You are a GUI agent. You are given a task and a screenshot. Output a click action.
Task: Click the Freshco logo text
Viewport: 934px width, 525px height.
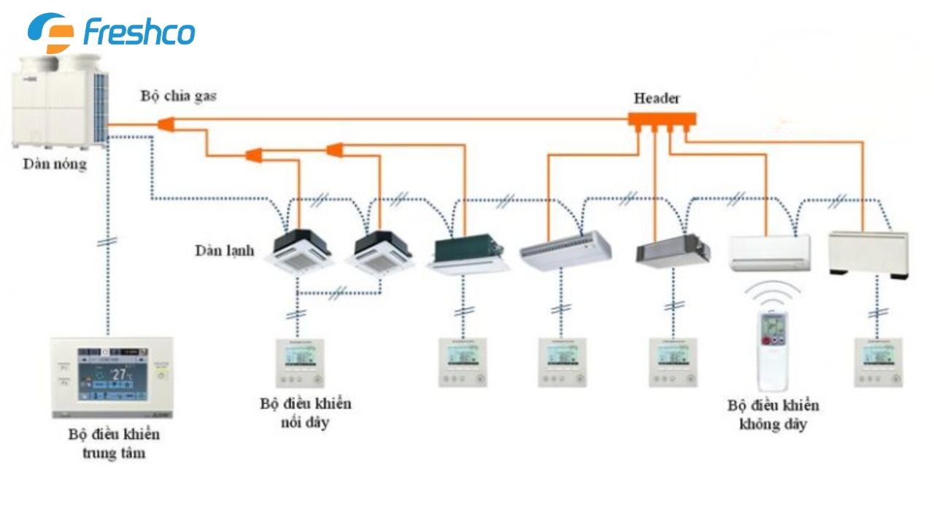[x=139, y=33]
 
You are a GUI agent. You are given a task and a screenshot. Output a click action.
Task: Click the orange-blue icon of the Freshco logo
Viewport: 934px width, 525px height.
[x=51, y=33]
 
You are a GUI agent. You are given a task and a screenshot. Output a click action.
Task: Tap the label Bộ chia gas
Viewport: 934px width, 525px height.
[x=179, y=96]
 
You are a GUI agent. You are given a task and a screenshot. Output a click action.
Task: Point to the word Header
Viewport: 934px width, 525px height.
[x=657, y=98]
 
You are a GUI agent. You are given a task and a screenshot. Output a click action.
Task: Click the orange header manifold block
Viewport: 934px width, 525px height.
[x=663, y=119]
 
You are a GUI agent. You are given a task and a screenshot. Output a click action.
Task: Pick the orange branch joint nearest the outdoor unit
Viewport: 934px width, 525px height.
[x=167, y=125]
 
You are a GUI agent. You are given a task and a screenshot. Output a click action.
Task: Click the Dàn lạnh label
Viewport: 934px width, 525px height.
[x=225, y=250]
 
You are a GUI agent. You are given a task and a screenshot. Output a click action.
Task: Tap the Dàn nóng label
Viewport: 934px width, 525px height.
[x=54, y=164]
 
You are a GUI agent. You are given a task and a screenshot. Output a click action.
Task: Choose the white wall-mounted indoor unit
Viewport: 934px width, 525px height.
[x=770, y=252]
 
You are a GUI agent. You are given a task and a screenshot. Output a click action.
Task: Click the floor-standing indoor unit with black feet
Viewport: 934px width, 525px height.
[x=868, y=253]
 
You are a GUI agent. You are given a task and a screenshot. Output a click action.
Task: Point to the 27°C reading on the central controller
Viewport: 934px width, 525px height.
[x=119, y=374]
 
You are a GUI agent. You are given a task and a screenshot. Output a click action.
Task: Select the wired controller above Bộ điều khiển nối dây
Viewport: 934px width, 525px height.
[x=300, y=362]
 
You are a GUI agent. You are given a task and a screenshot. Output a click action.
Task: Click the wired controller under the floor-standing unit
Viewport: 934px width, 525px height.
[x=878, y=362]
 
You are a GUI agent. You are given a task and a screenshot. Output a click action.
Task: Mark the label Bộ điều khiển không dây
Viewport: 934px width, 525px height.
[x=773, y=414]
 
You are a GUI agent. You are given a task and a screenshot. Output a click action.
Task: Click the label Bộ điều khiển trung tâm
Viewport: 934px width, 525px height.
[x=114, y=443]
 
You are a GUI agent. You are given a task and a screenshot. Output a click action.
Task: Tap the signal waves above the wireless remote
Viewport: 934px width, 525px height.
[x=773, y=292]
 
